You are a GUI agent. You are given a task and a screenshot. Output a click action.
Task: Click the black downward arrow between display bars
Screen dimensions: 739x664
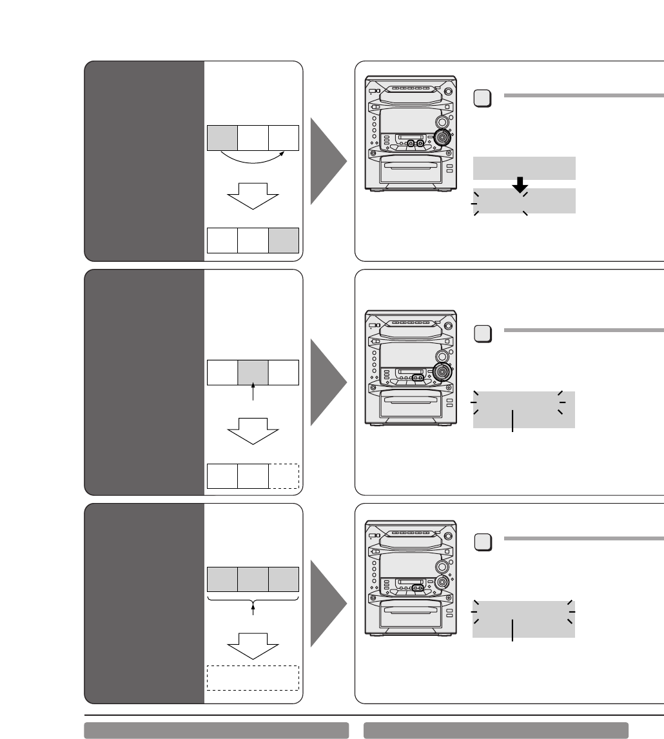(519, 186)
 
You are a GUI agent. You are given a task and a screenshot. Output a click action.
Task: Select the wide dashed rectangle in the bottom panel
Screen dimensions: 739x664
(253, 678)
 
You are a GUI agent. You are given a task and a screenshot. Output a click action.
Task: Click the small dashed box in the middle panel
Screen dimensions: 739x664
(284, 475)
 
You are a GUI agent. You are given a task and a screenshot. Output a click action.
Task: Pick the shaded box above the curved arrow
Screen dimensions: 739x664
(222, 138)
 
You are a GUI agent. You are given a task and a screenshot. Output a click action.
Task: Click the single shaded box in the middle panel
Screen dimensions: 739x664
(253, 373)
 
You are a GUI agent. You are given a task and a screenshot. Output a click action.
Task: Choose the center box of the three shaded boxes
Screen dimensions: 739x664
(253, 579)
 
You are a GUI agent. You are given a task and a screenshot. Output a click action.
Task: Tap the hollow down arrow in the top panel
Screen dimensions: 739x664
(252, 195)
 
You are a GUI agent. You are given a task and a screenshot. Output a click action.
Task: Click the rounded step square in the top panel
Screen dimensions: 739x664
(483, 99)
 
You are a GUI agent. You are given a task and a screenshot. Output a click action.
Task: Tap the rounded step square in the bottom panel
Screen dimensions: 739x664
(483, 542)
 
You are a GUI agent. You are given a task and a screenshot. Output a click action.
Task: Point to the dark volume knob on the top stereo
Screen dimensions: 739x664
(442, 137)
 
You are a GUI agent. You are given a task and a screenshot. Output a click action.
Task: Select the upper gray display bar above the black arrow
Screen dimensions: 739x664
(523, 168)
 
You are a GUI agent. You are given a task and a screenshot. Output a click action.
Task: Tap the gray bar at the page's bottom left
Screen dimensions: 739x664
(216, 730)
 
